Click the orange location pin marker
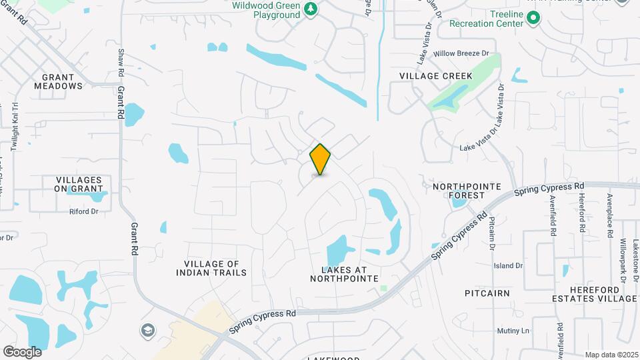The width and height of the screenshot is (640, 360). point(321,159)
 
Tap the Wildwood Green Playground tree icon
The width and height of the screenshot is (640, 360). point(310,9)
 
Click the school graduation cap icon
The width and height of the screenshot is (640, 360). point(147,331)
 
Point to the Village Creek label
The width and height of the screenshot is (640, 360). point(436,76)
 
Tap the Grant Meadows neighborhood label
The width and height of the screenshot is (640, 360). point(59,81)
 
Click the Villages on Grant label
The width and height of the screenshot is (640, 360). point(79,185)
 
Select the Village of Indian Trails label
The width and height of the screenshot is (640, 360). point(211,268)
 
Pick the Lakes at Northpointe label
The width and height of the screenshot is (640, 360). point(344,274)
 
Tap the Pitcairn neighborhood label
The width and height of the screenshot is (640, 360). point(487,293)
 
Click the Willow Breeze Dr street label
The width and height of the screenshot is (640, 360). point(461,53)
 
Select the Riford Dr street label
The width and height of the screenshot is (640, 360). point(84,212)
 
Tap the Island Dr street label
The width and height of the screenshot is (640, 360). point(508,265)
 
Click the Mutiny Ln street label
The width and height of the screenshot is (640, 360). point(513,331)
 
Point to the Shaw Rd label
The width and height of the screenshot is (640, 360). point(121,61)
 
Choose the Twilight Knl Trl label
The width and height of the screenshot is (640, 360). point(14,127)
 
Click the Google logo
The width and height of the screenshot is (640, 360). point(22,351)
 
